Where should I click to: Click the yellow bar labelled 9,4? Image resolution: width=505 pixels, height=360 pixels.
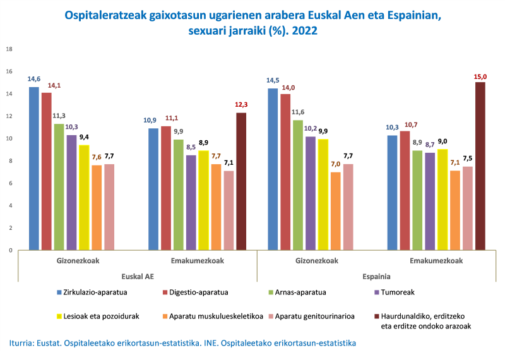(84, 198)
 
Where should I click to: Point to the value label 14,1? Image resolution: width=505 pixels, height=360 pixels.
(46, 86)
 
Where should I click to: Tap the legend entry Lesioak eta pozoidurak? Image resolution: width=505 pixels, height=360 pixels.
(99, 315)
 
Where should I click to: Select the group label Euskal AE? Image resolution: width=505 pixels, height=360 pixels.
(138, 276)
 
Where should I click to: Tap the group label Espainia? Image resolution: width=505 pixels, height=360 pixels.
(376, 276)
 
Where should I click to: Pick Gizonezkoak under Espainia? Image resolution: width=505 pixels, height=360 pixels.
(316, 260)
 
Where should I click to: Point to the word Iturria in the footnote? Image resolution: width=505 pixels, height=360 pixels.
(23, 343)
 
